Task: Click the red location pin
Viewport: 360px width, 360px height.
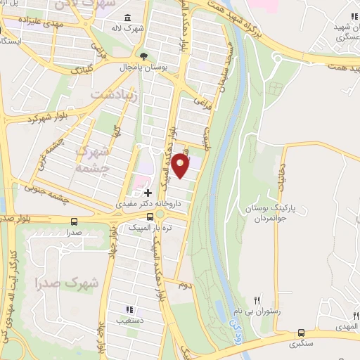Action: tap(181, 166)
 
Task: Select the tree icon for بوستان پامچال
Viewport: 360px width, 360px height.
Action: tap(144, 55)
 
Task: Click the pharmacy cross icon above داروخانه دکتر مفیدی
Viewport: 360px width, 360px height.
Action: tap(147, 193)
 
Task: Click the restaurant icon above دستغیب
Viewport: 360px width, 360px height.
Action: tap(128, 309)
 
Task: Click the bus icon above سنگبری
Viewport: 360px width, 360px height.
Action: tap(302, 333)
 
